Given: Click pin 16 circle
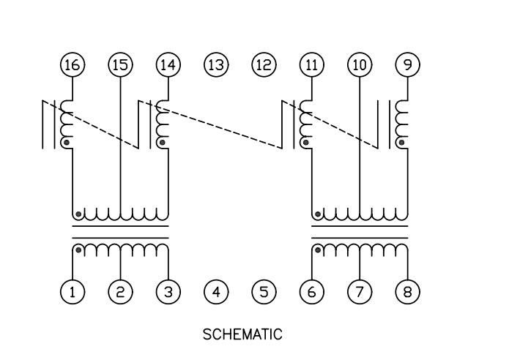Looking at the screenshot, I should point(72,65).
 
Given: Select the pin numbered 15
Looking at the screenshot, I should point(120,65).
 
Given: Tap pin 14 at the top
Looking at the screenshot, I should point(168,65).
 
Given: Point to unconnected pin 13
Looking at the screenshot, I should point(215,65).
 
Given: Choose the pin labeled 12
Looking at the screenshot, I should point(264,65).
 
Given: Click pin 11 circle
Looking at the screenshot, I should point(311,65).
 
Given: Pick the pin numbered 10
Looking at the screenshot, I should point(360,65).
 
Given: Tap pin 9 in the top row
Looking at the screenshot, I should point(407,65).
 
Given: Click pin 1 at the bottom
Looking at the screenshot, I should point(72,292).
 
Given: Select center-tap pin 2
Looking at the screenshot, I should point(120,292).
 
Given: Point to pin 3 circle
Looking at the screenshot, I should point(168,292).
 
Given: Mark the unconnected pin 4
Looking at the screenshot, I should point(215,292).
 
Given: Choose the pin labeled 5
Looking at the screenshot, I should point(264,292).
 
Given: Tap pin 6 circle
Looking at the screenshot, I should point(311,292).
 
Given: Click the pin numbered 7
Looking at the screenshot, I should point(360,292).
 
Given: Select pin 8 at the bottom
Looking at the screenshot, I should point(407,292).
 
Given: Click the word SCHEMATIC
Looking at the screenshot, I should point(242,334).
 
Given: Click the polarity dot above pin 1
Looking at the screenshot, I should point(78,250).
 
